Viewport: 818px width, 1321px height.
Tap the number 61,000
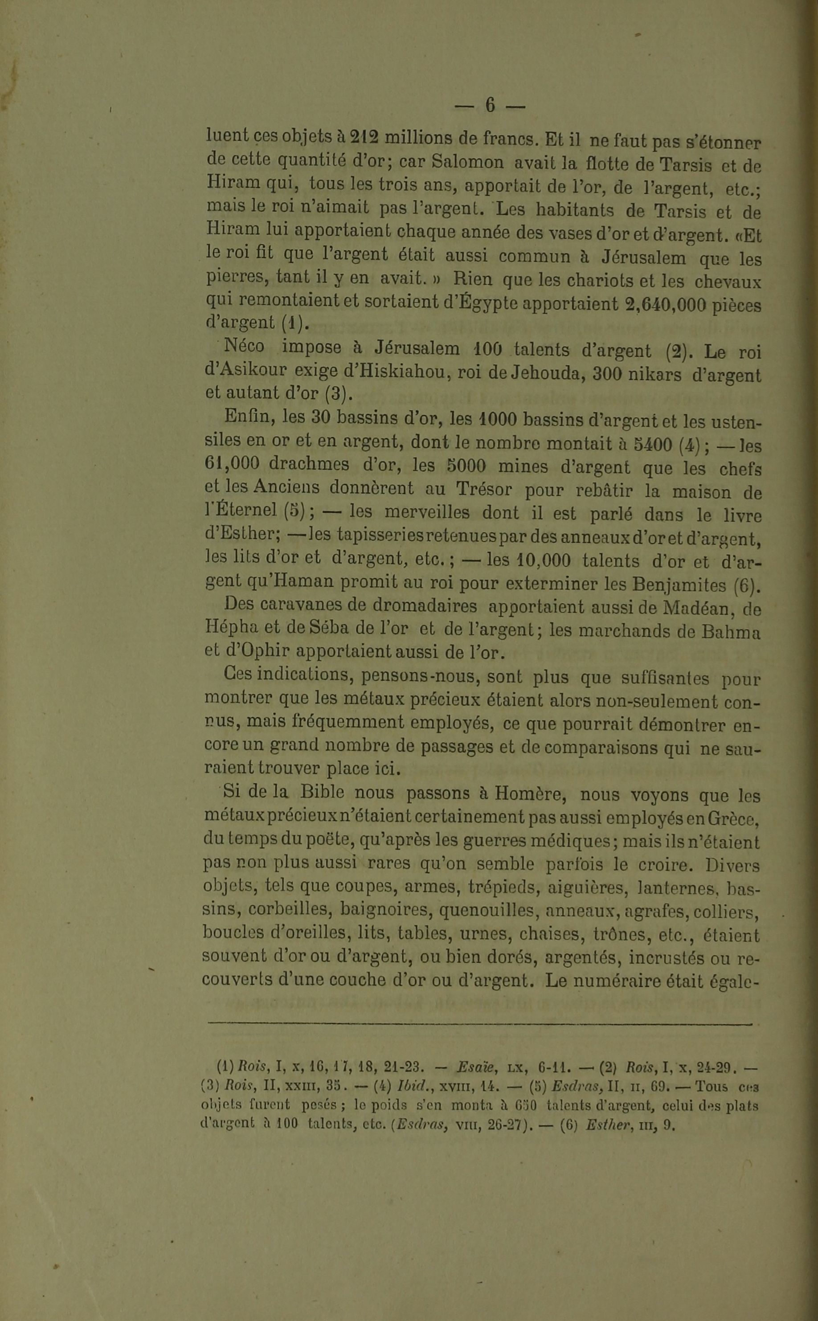coord(232,464)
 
